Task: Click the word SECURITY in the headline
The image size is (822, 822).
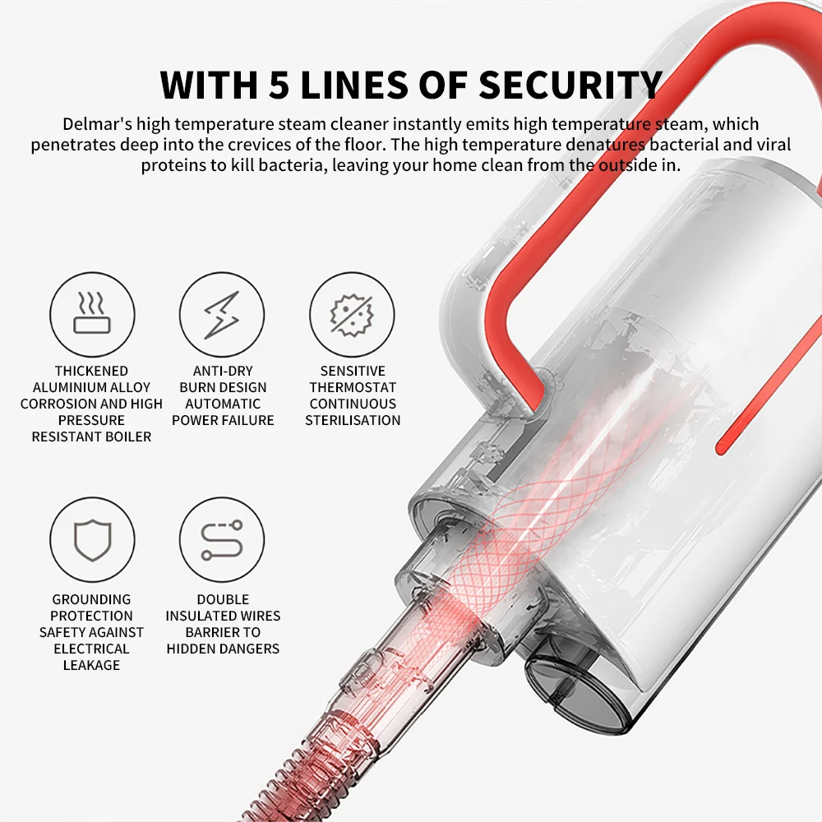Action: tap(570, 85)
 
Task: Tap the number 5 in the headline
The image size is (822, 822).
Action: tap(279, 85)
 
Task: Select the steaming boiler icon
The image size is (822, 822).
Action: tap(92, 313)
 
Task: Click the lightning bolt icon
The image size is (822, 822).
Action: tap(222, 314)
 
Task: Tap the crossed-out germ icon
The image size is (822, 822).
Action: tap(352, 315)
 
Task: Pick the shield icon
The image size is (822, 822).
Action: tap(92, 540)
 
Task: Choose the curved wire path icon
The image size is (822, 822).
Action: tap(222, 540)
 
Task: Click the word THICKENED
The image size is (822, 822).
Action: tap(92, 371)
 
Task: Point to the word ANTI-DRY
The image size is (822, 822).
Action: tap(223, 371)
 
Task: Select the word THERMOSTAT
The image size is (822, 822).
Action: tap(353, 387)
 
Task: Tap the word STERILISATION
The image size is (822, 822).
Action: tap(353, 420)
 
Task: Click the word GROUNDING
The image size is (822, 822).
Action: tap(92, 599)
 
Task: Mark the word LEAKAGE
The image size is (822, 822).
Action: tap(92, 665)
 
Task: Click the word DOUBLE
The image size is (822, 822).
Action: tap(223, 599)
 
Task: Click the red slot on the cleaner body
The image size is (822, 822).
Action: tap(769, 387)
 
